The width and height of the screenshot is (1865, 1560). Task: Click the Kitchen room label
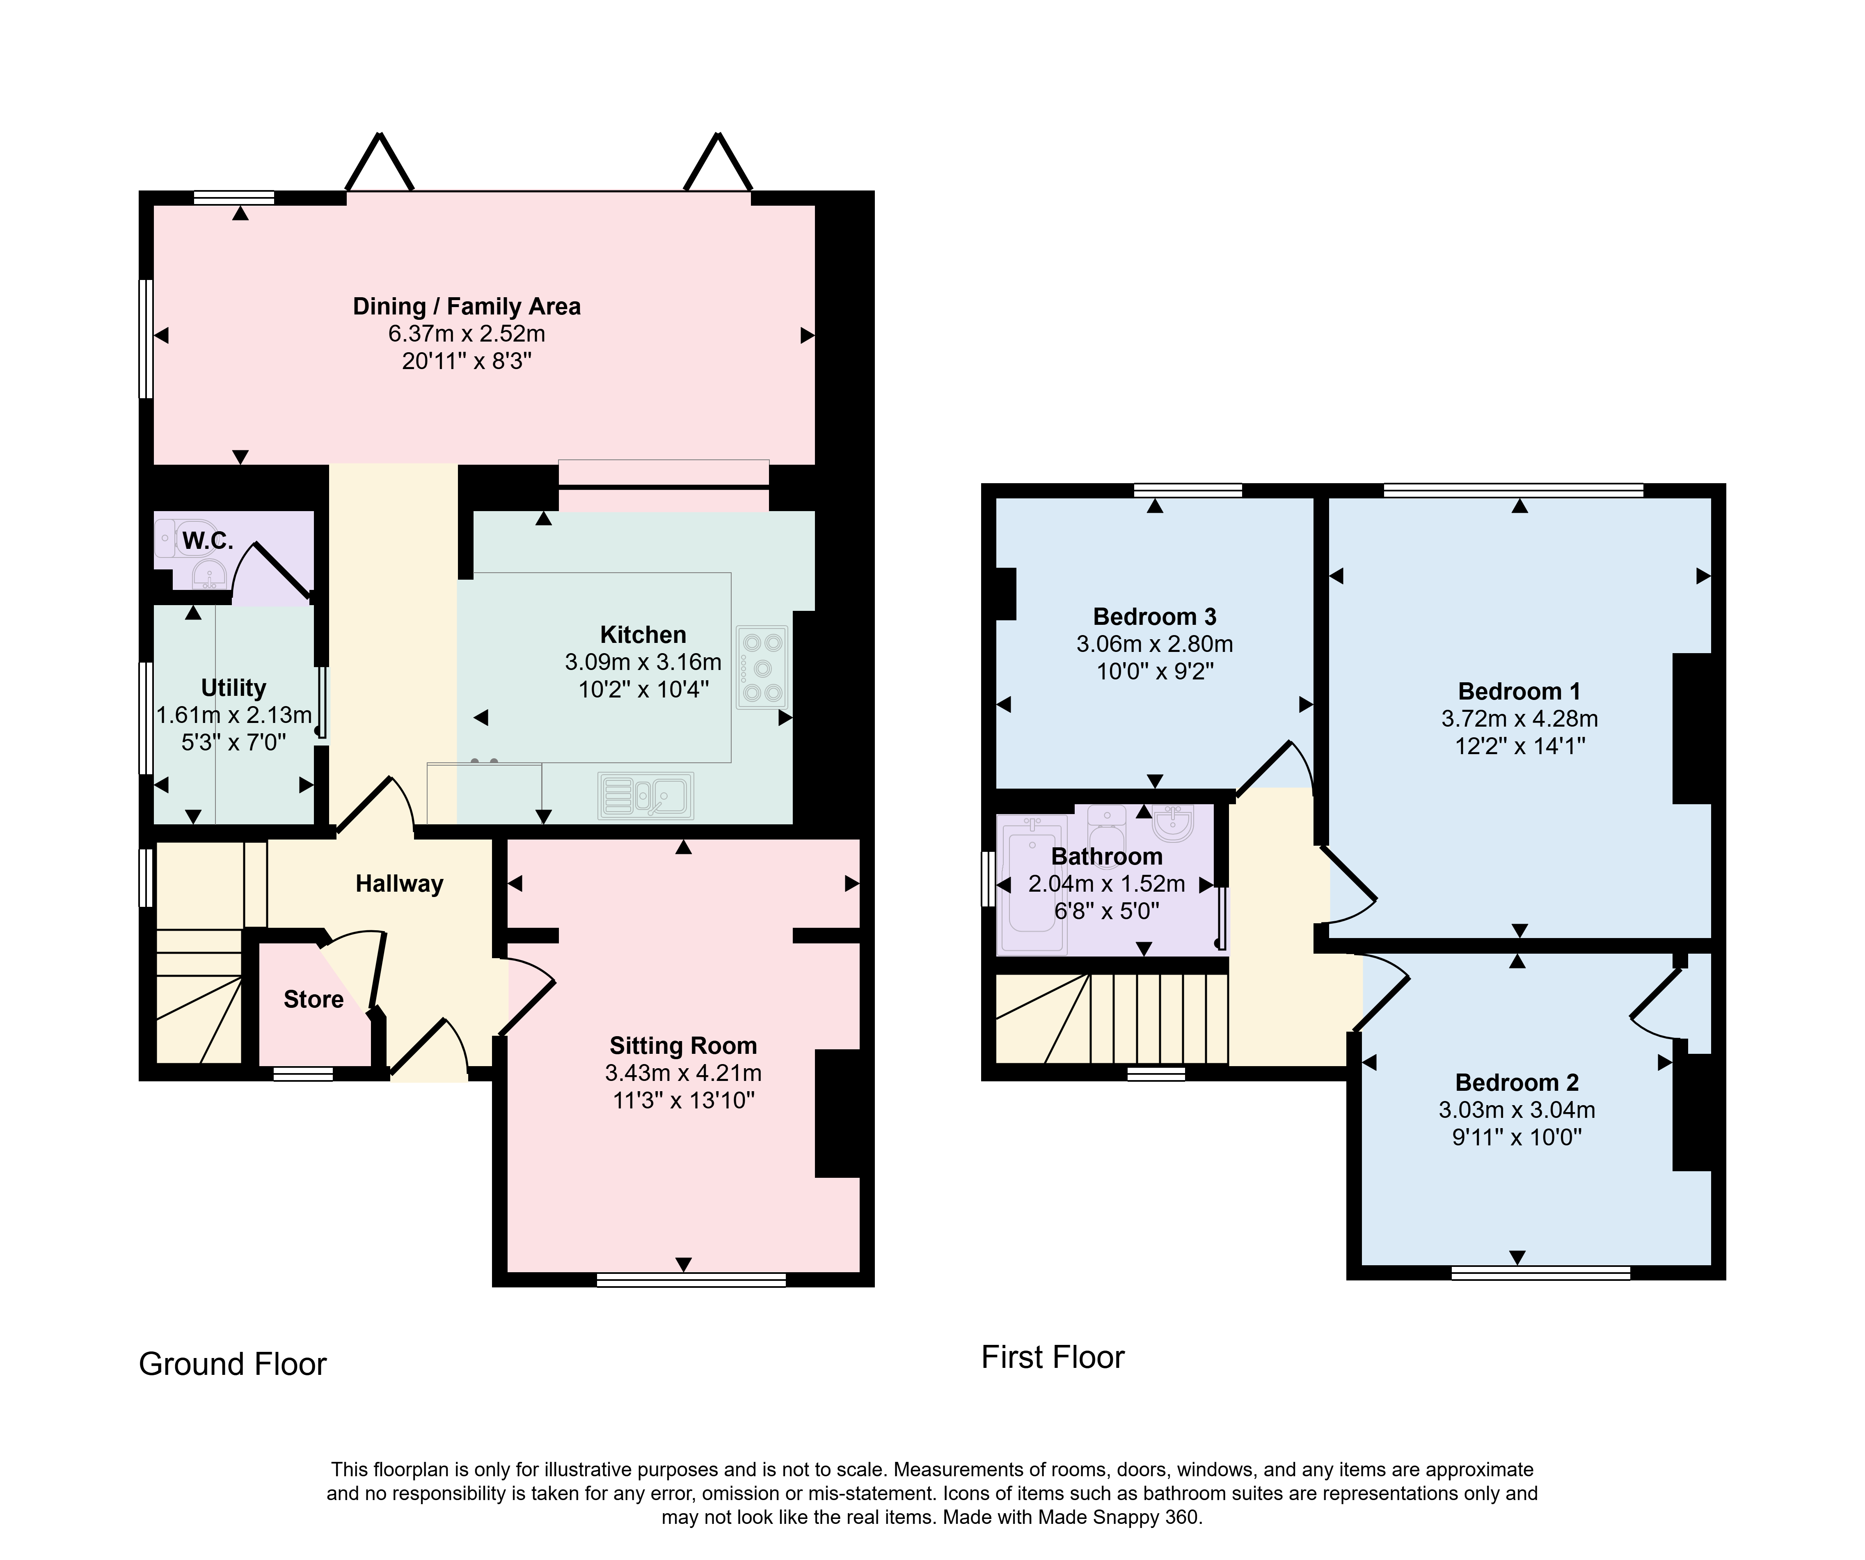coord(643,634)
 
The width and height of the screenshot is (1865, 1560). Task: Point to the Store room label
coord(314,1000)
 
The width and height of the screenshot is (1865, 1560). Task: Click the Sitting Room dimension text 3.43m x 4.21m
coord(683,1073)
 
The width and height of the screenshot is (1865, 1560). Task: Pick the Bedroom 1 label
coord(1519,691)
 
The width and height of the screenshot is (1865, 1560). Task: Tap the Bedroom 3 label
coord(1155,617)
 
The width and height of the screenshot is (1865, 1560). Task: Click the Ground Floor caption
coord(233,1364)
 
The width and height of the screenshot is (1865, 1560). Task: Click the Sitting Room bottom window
coord(691,1279)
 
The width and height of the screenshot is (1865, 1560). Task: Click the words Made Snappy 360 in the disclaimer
coord(1117,1517)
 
